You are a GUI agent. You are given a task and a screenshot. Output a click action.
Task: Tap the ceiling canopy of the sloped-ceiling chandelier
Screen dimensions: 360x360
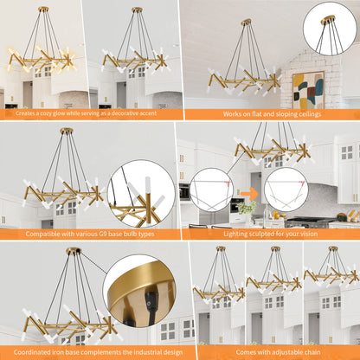(x=246, y=22)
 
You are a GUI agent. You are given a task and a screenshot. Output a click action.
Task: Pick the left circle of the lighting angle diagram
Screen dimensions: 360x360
(x=210, y=190)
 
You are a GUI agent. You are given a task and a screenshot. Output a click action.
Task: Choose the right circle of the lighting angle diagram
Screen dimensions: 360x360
(x=286, y=190)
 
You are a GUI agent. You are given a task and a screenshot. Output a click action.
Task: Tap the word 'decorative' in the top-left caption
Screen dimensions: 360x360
(x=125, y=113)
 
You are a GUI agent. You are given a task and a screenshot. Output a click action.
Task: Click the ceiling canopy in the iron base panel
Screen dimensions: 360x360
(x=74, y=251)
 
